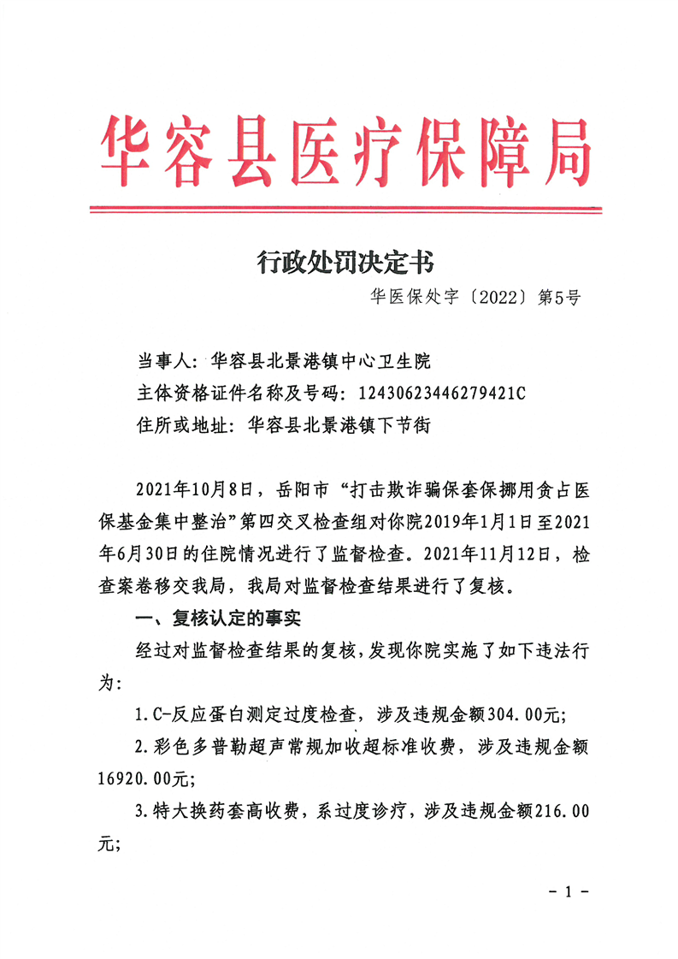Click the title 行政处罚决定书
(345, 261)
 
